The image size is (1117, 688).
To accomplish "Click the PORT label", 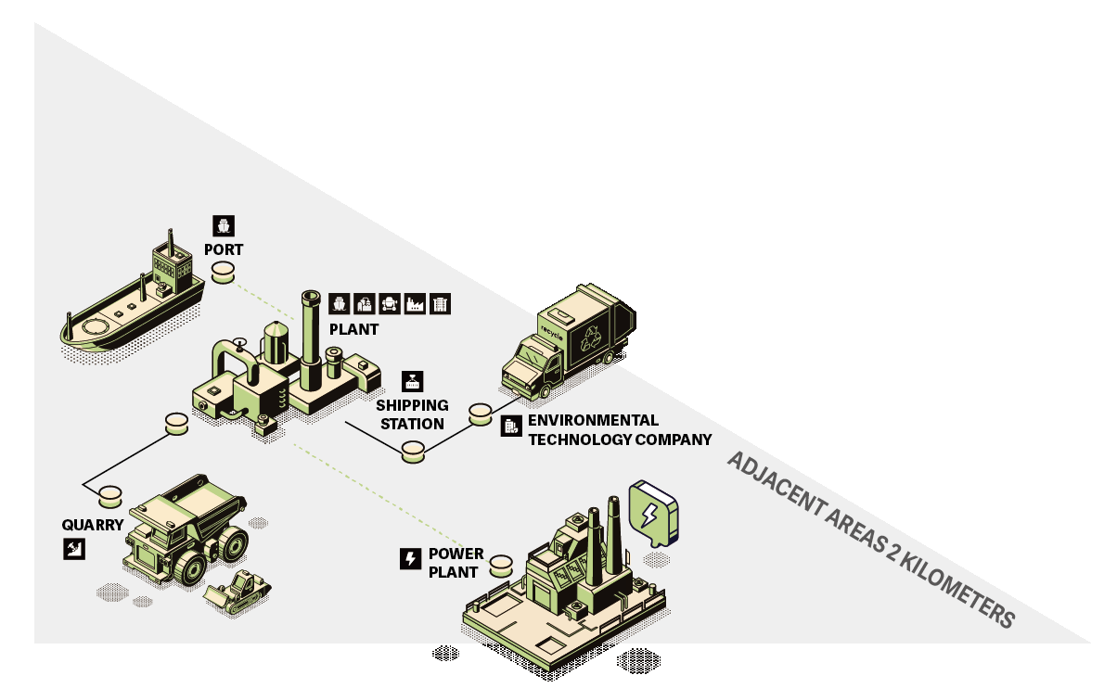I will click(x=224, y=249).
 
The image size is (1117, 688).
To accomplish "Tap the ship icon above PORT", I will click(x=224, y=225).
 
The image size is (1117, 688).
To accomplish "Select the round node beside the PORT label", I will click(x=224, y=272).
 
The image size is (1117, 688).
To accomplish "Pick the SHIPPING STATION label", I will click(x=412, y=414).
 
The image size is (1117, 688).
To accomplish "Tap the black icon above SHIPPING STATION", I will click(x=412, y=381).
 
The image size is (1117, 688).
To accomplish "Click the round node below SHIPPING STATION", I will click(x=413, y=452).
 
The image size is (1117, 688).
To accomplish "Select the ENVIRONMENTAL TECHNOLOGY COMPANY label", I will click(x=620, y=430).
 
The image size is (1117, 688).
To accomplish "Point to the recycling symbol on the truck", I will click(x=591, y=338).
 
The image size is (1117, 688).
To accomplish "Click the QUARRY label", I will click(x=93, y=524).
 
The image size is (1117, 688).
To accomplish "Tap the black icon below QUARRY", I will click(x=73, y=549).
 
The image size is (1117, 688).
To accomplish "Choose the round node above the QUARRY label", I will click(x=111, y=494).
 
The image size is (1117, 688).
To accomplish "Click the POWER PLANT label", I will click(x=456, y=563).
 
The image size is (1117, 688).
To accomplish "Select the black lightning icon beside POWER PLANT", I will click(x=409, y=558).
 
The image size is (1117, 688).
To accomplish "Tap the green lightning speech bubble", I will click(x=653, y=513).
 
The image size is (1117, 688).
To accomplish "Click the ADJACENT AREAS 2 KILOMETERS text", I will click(x=871, y=539).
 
